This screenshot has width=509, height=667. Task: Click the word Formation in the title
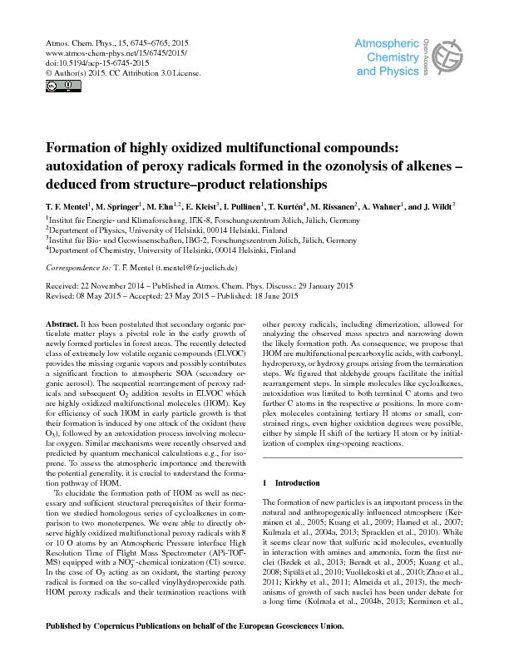click(x=89, y=148)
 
